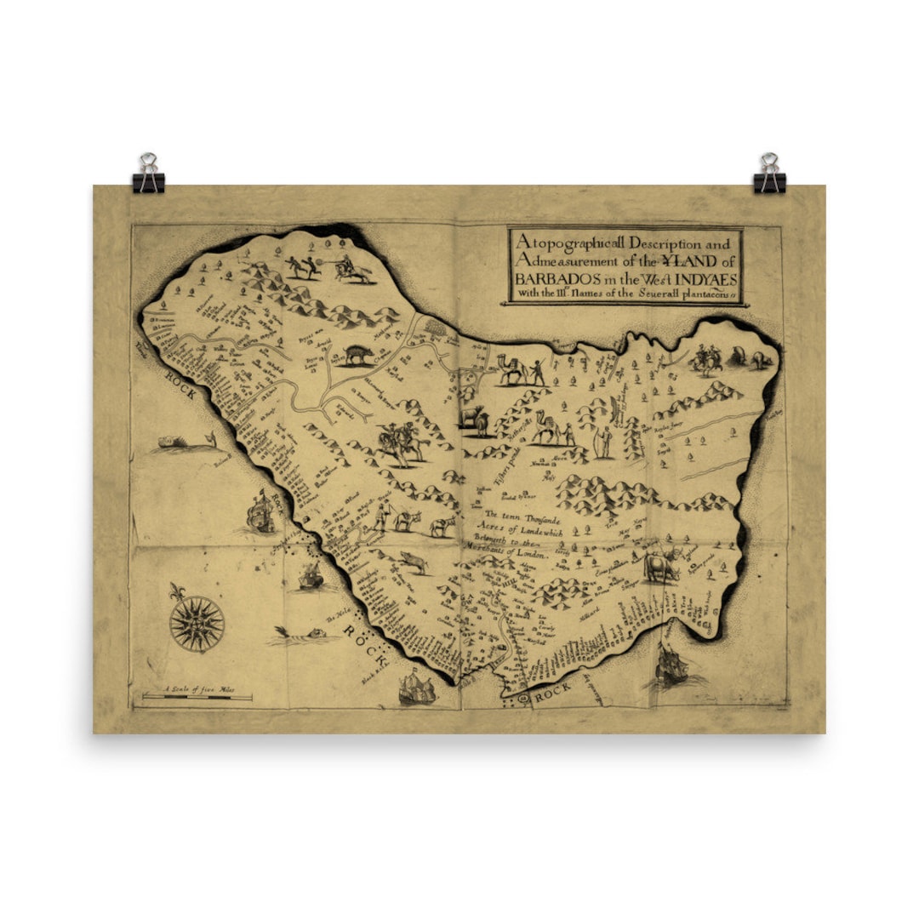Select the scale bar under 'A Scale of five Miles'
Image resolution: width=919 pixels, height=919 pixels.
[x=197, y=698]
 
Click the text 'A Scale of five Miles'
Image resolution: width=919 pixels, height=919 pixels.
[x=197, y=688]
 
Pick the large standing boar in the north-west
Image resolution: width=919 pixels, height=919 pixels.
[x=359, y=354]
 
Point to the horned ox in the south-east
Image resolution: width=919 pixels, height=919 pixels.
[x=660, y=566]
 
